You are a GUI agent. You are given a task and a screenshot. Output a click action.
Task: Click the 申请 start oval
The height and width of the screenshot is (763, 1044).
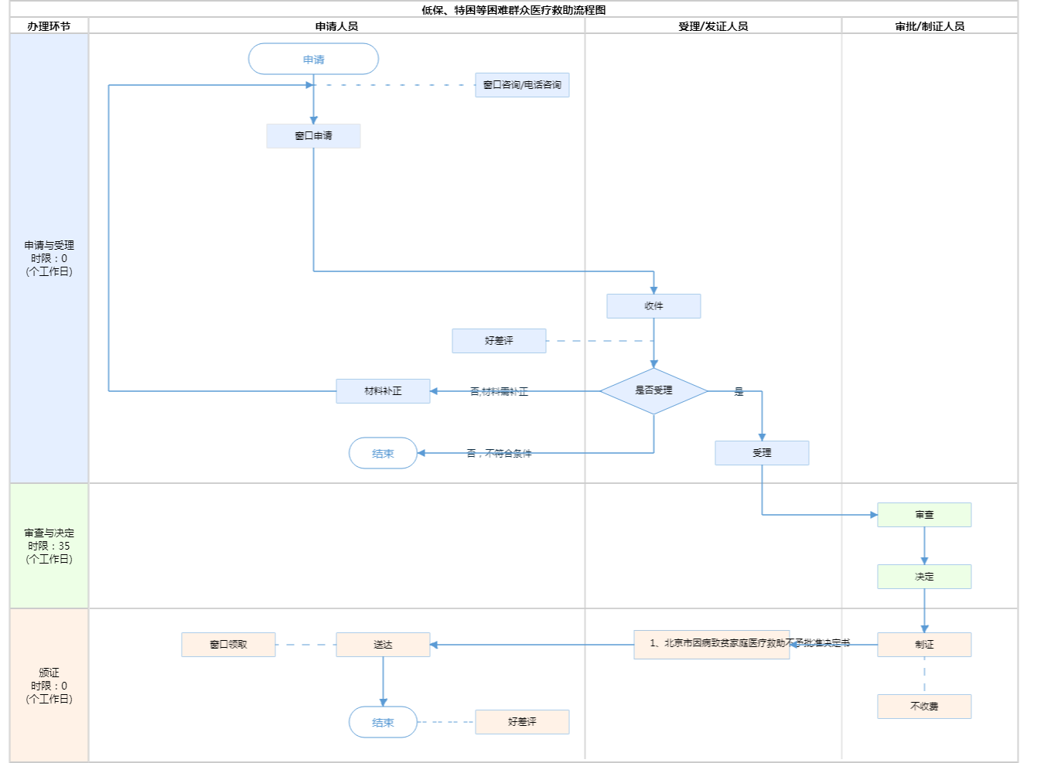pyautogui.click(x=313, y=60)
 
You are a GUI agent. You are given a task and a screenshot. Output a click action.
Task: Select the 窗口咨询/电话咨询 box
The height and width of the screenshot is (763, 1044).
pyautogui.click(x=522, y=85)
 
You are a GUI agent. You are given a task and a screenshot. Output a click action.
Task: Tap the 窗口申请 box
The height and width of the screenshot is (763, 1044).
pyautogui.click(x=313, y=136)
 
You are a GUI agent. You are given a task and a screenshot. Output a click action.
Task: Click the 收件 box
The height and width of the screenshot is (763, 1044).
pyautogui.click(x=653, y=306)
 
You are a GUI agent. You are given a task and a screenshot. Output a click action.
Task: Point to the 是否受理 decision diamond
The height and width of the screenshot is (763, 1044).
pyautogui.click(x=653, y=391)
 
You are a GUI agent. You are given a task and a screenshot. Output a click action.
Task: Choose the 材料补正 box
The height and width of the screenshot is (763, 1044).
pyautogui.click(x=383, y=391)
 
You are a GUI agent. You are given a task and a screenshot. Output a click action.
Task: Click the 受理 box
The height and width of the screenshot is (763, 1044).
pyautogui.click(x=762, y=453)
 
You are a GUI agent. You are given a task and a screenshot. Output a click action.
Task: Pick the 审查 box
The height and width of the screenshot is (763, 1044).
pyautogui.click(x=924, y=515)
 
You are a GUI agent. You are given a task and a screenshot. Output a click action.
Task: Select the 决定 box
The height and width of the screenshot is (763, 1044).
pyautogui.click(x=924, y=577)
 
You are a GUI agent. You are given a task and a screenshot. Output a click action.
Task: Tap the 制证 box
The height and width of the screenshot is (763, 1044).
pyautogui.click(x=924, y=645)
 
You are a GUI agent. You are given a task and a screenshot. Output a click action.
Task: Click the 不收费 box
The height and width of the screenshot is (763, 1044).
pyautogui.click(x=924, y=707)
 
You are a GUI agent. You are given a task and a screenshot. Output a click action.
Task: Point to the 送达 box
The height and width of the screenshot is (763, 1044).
pyautogui.click(x=383, y=645)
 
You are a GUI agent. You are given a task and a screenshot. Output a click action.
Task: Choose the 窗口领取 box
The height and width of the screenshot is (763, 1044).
pyautogui.click(x=228, y=645)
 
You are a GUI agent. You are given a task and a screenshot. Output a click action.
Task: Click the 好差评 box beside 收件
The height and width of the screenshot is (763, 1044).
pyautogui.click(x=499, y=341)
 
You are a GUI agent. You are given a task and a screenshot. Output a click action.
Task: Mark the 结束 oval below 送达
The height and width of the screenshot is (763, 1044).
pyautogui.click(x=383, y=722)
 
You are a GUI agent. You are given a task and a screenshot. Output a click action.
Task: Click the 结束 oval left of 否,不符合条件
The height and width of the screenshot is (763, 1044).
pyautogui.click(x=383, y=454)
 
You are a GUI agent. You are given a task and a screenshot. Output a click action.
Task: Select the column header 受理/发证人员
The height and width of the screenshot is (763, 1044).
pyautogui.click(x=713, y=26)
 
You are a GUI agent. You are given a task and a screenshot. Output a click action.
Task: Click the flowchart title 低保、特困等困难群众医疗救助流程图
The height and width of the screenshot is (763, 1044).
pyautogui.click(x=513, y=10)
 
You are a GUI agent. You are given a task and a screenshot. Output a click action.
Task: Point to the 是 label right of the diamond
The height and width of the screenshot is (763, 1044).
pyautogui.click(x=739, y=392)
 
